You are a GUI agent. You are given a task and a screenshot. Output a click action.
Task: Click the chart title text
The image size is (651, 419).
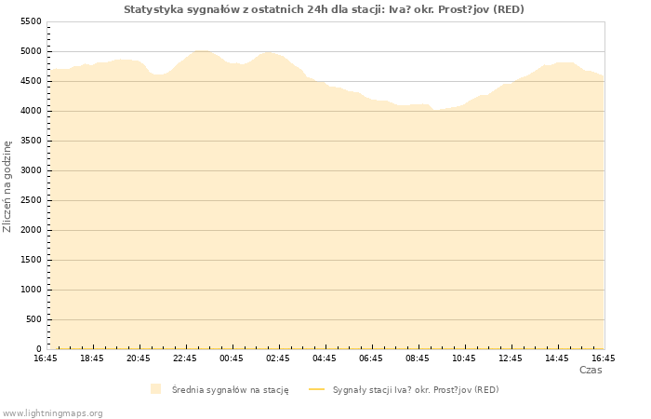click(324, 9)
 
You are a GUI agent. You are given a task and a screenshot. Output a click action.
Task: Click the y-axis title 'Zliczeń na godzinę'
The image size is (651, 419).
click(7, 186)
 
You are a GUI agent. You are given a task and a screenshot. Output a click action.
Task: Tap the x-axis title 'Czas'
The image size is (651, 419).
click(591, 370)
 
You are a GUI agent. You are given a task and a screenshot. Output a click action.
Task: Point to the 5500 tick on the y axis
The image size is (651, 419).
click(31, 21)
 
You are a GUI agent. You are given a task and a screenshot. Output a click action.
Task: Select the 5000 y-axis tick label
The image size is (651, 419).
click(31, 51)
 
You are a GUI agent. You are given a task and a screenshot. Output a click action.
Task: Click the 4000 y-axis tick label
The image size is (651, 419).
click(31, 111)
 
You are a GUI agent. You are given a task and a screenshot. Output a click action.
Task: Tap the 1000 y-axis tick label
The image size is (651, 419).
click(31, 290)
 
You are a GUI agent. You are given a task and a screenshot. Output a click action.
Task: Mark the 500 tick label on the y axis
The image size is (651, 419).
click(33, 319)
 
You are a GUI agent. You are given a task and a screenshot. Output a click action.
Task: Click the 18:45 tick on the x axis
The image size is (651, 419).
click(92, 358)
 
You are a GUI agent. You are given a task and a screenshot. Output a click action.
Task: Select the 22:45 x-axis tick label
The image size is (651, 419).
click(185, 358)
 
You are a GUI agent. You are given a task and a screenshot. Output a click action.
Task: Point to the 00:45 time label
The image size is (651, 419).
click(232, 358)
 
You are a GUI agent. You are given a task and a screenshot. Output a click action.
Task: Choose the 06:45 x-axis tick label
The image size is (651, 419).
click(371, 358)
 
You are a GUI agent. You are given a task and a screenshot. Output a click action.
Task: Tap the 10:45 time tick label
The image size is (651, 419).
click(464, 358)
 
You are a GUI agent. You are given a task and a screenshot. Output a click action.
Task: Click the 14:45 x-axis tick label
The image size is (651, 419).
click(557, 358)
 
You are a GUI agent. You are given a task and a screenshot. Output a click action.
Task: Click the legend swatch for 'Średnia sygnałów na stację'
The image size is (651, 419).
click(155, 389)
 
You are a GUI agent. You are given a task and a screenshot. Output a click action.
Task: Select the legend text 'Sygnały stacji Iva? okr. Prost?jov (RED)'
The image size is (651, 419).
click(416, 390)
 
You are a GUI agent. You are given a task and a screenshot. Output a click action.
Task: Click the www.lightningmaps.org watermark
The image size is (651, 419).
click(53, 412)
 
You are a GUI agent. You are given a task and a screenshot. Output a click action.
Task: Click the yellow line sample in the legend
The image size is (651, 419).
click(317, 389)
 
